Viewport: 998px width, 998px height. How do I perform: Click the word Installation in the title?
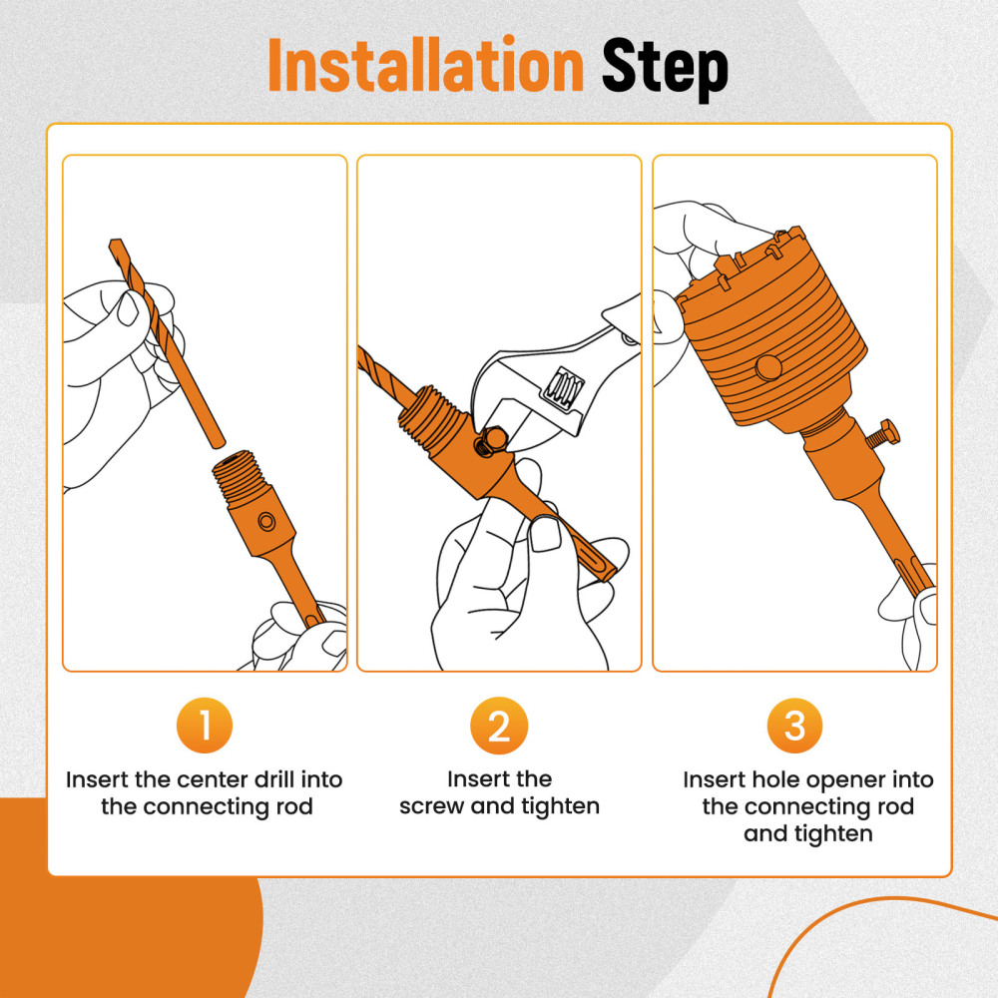pyautogui.click(x=425, y=66)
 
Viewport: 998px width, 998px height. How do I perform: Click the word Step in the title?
pyautogui.click(x=665, y=70)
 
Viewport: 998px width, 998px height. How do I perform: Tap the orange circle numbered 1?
pyautogui.click(x=205, y=725)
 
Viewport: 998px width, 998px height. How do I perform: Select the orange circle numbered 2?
pyautogui.click(x=499, y=725)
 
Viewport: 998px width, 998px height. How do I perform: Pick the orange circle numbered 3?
pyautogui.click(x=794, y=725)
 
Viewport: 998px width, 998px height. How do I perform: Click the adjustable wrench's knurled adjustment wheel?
pyautogui.click(x=563, y=387)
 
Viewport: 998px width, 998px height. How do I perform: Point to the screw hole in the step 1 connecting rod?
pyautogui.click(x=266, y=523)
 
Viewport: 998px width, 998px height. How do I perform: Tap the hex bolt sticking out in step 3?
pyautogui.click(x=883, y=436)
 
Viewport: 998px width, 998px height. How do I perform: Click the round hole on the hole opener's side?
pyautogui.click(x=768, y=367)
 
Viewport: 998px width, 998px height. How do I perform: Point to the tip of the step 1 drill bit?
pyautogui.click(x=115, y=242)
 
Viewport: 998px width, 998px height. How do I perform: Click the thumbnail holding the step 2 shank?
pyautogui.click(x=546, y=533)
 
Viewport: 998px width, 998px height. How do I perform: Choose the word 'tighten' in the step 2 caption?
pyautogui.click(x=560, y=807)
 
